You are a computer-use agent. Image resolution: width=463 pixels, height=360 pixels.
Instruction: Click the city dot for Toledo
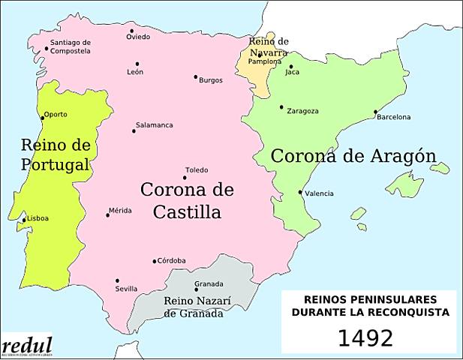(x=185, y=178)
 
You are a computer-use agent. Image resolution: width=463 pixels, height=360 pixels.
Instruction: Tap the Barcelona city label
(x=394, y=117)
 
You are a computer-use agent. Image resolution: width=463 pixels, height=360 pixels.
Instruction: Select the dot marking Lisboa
(x=23, y=220)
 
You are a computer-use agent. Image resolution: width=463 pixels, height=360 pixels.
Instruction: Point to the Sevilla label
(x=126, y=289)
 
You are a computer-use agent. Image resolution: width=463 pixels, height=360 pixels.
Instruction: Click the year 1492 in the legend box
(x=365, y=337)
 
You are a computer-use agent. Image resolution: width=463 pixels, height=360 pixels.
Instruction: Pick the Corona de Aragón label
(x=353, y=156)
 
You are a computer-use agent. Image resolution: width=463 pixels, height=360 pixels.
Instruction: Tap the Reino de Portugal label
(x=56, y=154)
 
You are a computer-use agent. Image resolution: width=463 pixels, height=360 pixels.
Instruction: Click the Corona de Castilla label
(x=187, y=200)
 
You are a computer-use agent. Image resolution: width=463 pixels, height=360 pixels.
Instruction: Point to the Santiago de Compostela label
(x=71, y=46)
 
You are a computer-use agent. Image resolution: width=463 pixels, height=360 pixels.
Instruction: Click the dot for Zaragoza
(x=281, y=107)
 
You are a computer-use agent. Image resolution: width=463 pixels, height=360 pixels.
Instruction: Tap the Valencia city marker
(x=301, y=192)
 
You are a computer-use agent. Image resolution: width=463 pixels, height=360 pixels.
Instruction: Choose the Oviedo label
(x=138, y=37)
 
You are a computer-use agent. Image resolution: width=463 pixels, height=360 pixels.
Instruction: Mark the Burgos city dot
(x=196, y=76)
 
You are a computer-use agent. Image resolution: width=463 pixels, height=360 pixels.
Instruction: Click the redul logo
(x=27, y=346)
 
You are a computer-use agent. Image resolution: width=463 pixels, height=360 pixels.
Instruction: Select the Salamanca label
(x=154, y=124)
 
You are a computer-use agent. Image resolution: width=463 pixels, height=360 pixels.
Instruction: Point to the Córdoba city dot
(x=155, y=262)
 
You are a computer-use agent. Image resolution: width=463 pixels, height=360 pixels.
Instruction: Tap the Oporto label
(x=56, y=115)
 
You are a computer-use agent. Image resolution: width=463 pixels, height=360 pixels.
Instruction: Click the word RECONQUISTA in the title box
(x=410, y=311)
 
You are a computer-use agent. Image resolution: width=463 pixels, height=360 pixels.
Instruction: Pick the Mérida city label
(x=120, y=211)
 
